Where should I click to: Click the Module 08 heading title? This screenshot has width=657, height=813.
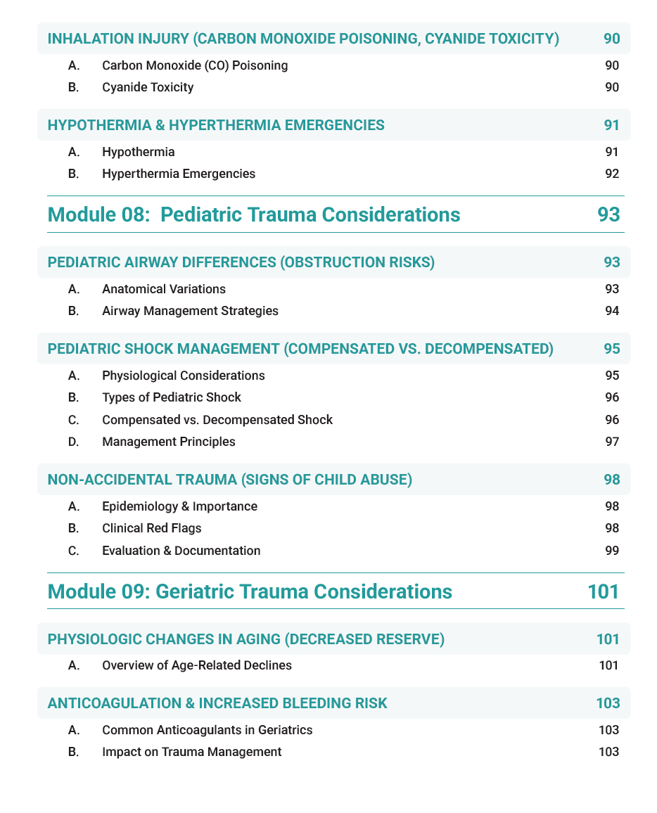coord(254,214)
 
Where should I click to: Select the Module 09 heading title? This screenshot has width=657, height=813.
coord(250,591)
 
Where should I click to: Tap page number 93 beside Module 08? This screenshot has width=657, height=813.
coord(608,214)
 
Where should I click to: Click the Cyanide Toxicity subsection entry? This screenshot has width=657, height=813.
coord(148,87)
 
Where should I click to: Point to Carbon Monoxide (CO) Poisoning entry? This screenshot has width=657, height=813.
coord(195,65)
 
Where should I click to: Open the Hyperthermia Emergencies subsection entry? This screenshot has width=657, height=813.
coord(179,173)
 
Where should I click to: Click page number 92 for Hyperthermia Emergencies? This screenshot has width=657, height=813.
coord(612,173)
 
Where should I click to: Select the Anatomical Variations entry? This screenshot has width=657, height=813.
coord(164,289)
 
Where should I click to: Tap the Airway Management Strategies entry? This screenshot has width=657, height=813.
coord(190,311)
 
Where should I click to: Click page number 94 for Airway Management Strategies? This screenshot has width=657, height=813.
coord(612,311)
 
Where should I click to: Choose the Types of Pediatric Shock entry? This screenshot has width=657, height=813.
coord(172,397)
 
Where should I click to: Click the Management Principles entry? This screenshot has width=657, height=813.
coord(169,442)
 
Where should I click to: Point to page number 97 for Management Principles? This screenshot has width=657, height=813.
coord(612,442)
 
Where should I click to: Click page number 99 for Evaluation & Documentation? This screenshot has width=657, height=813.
coord(612,550)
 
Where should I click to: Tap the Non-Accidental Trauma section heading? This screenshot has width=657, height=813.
coord(229,480)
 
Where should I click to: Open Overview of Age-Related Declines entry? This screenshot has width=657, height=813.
coord(197,665)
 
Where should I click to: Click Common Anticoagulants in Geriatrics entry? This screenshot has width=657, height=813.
coord(208,730)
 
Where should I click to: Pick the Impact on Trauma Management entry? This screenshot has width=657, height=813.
coord(191,752)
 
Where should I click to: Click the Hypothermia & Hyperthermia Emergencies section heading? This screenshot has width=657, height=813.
coord(216,125)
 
